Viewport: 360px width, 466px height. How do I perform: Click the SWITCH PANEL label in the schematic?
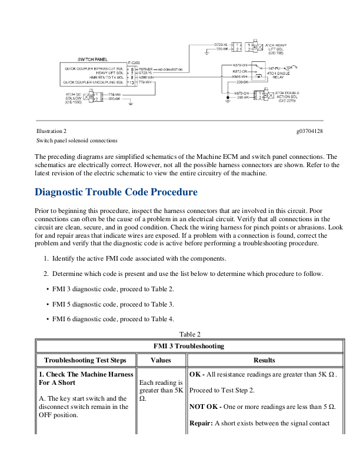click(x=92, y=59)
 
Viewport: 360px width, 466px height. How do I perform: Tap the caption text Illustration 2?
click(x=51, y=131)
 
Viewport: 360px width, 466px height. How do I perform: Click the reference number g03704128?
click(x=309, y=131)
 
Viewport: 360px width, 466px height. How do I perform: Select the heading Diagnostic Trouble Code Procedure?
click(x=116, y=192)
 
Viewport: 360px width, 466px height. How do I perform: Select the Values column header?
click(x=161, y=360)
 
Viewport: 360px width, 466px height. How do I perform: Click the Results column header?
click(x=264, y=360)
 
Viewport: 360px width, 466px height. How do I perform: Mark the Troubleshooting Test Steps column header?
click(x=86, y=360)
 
